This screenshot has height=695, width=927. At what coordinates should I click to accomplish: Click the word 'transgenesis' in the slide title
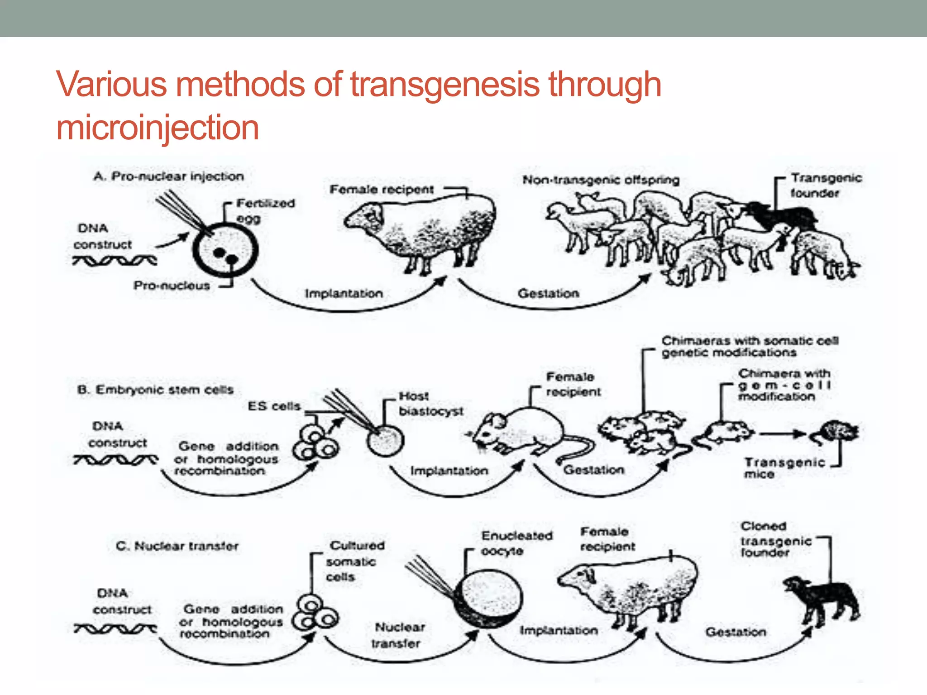pos(444,85)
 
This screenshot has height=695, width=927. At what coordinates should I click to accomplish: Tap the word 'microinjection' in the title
pos(158,128)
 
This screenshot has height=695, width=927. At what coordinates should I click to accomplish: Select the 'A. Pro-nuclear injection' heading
pos(168,176)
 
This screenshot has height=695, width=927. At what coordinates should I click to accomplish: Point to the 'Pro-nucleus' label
pos(172,286)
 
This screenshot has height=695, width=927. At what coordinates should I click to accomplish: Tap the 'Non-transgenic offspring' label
pos(601,180)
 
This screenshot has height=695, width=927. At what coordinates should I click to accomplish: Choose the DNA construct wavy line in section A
pos(115,261)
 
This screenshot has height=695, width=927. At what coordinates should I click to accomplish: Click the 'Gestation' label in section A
pos(548,293)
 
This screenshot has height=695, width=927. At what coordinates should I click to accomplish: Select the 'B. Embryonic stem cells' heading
pos(155,390)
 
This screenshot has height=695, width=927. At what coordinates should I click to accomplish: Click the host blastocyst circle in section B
pos(385,441)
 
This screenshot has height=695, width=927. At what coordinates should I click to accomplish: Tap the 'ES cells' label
pos(274,406)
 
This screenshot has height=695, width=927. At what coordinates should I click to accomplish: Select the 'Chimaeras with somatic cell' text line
pos(750,340)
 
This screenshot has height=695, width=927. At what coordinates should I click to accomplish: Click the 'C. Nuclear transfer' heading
pos(177,546)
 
